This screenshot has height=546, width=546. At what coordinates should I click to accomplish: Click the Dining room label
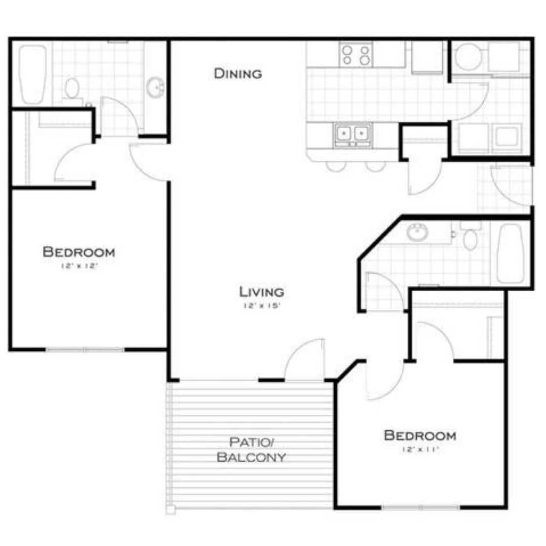[x=238, y=74]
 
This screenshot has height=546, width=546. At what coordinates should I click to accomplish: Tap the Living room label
[x=261, y=292]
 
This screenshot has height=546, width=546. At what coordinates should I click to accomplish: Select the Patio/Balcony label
[x=251, y=450]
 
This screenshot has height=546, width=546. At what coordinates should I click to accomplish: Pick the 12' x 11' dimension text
[x=420, y=449]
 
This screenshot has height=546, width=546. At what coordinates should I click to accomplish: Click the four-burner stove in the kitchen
[x=356, y=55]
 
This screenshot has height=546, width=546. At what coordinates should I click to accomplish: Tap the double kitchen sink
[x=352, y=133]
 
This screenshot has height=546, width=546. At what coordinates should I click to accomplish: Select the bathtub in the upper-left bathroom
[x=33, y=74]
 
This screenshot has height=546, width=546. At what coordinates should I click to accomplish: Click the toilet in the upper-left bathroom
[x=72, y=89]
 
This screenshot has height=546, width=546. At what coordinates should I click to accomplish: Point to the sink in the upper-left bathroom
[x=155, y=87]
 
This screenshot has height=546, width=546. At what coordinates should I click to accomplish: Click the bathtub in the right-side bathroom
[x=510, y=253]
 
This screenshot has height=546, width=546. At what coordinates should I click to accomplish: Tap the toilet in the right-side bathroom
[x=470, y=238]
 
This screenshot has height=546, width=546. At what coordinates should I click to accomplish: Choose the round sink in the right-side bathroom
[x=417, y=232]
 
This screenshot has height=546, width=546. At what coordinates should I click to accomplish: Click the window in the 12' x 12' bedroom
[x=85, y=349]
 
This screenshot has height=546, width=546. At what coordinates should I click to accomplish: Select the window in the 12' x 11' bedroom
[x=421, y=507]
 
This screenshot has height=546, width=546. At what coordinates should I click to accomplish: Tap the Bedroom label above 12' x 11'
[x=420, y=435]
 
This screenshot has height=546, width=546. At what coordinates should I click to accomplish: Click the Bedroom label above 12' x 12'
[x=78, y=251]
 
